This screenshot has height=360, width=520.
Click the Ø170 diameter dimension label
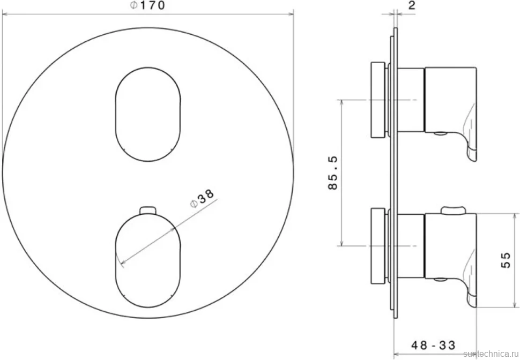147,6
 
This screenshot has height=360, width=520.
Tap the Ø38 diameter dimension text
202,198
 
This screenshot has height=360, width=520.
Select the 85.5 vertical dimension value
332,172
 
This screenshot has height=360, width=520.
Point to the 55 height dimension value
506,260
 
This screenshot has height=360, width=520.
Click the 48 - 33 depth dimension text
433,345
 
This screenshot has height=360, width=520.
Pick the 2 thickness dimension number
411,5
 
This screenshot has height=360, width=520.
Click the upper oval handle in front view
148,115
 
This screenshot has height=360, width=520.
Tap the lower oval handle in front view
148,261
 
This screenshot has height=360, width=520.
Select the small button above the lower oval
148,211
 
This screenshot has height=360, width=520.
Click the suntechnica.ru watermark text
491,354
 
